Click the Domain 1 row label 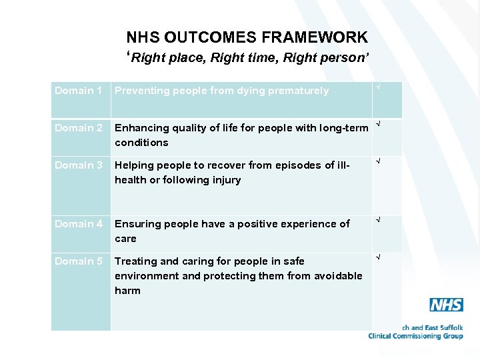(78, 91)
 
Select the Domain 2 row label (78, 128)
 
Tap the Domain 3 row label (78, 165)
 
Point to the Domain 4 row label (78, 224)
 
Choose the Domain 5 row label (78, 261)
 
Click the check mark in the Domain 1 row (378, 87)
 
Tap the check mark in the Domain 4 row (378, 219)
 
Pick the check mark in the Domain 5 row (378, 257)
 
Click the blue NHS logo (446, 305)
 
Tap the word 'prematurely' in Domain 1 (298, 91)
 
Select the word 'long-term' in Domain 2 (343, 128)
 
